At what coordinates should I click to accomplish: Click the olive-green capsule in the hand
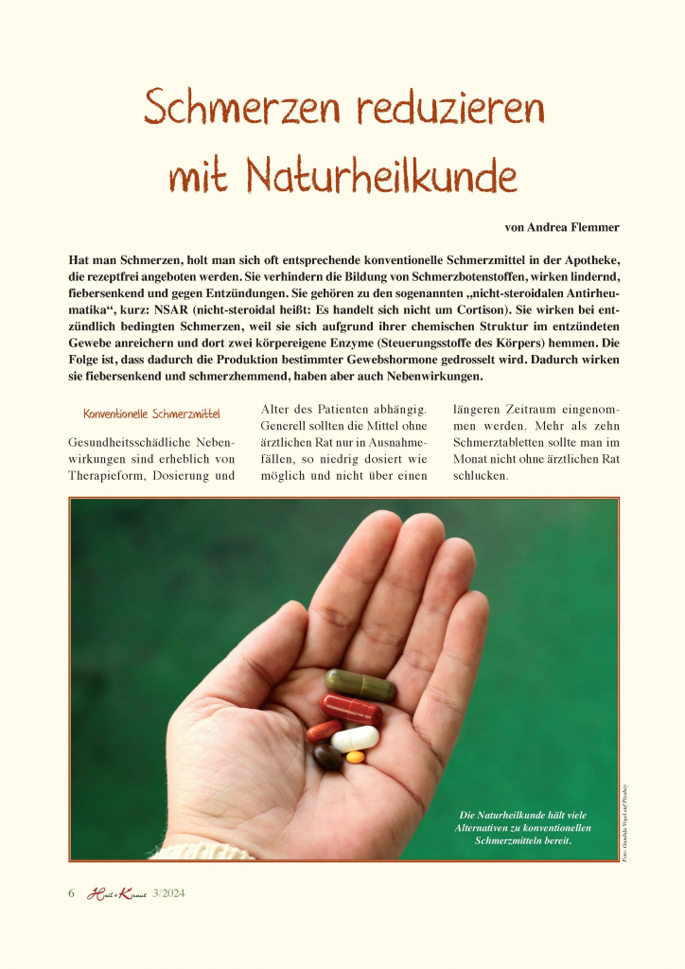[359, 684]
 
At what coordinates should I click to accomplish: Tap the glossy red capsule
[351, 708]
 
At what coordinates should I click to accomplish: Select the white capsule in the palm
[355, 739]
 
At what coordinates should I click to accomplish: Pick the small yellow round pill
[355, 757]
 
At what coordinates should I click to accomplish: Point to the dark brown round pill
[327, 755]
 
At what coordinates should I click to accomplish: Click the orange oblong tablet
[324, 731]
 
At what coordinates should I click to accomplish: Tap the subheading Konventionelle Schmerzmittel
[151, 414]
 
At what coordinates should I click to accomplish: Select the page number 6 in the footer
[71, 893]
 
